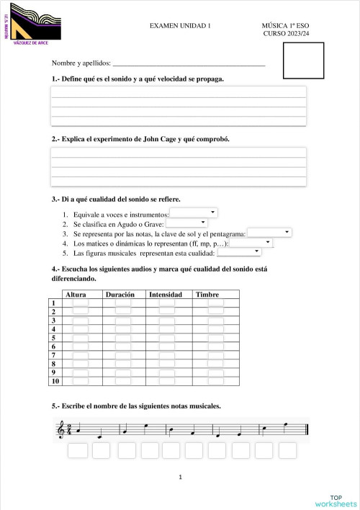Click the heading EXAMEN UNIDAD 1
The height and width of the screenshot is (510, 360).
180,25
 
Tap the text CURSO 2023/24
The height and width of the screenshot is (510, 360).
286,34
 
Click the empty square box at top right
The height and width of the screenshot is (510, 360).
305,58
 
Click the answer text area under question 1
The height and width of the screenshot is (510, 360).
179,107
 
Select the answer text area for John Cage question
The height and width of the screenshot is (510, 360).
179,166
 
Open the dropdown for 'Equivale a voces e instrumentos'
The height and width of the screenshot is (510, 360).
193,213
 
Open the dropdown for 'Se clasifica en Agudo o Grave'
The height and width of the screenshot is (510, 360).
186,223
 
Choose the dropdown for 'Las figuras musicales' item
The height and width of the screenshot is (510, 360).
239,252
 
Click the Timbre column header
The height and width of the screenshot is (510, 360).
208,295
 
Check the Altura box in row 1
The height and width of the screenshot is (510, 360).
81,303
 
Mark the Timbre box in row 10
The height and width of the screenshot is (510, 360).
216,382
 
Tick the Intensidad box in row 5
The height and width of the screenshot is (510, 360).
167,338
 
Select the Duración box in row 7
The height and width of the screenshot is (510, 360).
124,355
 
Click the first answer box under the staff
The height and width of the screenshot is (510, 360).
77,451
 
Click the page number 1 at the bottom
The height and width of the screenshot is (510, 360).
180,477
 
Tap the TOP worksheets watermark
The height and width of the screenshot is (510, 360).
335,500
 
